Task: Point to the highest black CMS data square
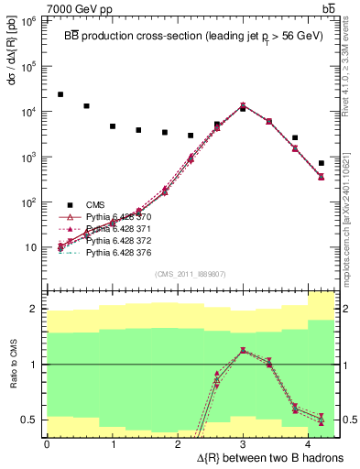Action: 60,94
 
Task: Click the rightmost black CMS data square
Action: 321,163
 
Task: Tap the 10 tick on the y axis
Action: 34,247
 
